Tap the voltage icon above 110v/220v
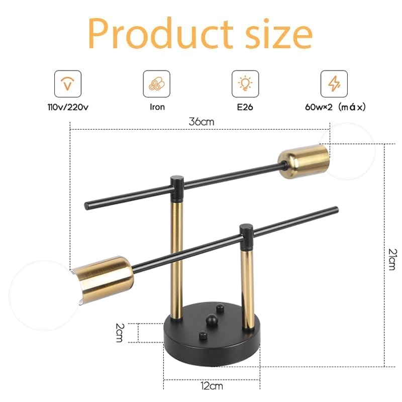tap(68, 84)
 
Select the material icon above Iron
tap(156, 84)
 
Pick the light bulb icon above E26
tap(245, 84)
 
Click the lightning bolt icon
tap(334, 84)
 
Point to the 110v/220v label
tap(68, 107)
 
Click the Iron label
tap(157, 107)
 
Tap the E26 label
tap(245, 107)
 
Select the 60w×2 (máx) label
tap(335, 107)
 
